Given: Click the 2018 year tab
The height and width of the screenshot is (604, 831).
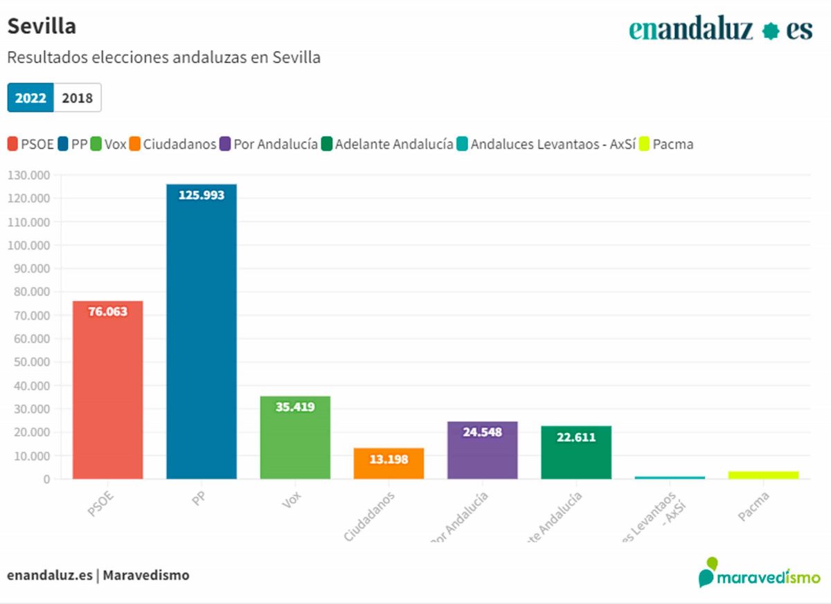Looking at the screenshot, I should point(77,98).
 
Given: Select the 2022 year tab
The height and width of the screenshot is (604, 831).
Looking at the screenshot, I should point(30,98).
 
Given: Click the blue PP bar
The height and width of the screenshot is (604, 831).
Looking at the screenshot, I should point(202,332).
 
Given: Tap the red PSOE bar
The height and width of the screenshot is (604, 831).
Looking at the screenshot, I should point(108,391).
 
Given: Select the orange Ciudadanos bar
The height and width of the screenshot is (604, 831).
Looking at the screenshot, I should point(388,464).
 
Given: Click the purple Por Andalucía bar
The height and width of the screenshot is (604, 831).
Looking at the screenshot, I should point(482,450).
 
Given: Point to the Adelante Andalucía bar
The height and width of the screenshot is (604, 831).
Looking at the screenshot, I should point(576,452).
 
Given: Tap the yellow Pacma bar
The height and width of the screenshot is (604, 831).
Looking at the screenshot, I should point(763,475).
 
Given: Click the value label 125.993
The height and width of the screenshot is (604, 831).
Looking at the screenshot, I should point(202,196).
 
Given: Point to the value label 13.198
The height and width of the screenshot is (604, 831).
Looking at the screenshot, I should point(388,459).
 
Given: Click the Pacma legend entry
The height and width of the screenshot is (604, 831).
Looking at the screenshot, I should point(665,144).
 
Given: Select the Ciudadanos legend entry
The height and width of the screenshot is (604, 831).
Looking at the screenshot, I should point(172,144).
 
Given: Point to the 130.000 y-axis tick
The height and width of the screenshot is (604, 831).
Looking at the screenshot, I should point(28,175).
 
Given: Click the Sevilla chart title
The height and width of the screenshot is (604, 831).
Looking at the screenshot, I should point(42,26).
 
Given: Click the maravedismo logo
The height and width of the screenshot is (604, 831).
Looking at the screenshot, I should point(759,573).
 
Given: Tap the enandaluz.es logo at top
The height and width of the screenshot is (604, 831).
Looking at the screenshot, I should point(720,30).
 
